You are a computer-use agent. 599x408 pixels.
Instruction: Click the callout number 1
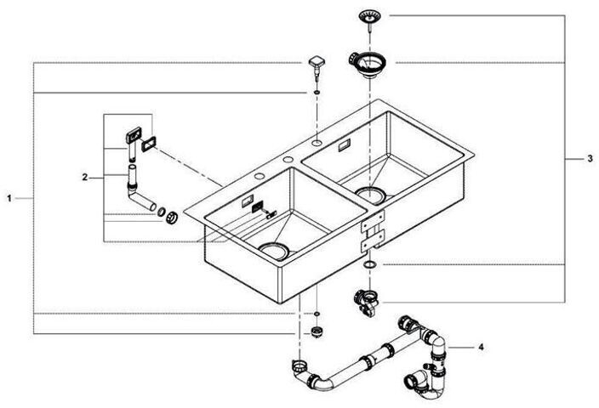9,197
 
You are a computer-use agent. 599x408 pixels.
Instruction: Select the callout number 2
85,178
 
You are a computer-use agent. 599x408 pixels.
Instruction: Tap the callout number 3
590,160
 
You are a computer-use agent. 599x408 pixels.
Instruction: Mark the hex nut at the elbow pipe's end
171,218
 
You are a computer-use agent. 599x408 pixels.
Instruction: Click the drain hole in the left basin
275,249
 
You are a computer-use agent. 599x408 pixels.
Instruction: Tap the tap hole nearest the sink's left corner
256,175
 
